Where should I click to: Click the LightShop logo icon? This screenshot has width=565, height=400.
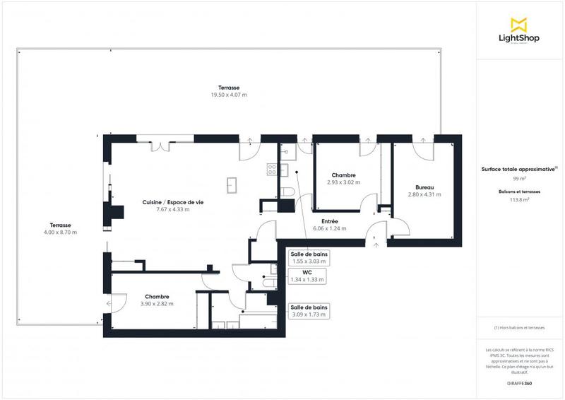click(x=520, y=24)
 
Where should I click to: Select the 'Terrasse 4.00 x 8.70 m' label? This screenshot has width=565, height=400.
click(x=60, y=228)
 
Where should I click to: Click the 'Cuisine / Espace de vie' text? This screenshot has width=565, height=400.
click(x=173, y=202)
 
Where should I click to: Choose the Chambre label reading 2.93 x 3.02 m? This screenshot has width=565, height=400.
click(x=343, y=178)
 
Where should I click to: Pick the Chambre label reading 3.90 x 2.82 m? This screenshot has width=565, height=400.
click(x=157, y=300)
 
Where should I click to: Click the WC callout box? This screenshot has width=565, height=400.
click(x=307, y=276)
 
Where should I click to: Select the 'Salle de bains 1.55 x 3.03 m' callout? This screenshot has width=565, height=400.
click(x=309, y=257)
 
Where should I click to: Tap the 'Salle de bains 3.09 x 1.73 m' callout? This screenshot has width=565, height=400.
click(x=309, y=310)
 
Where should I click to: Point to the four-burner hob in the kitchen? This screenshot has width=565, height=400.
click(x=271, y=169)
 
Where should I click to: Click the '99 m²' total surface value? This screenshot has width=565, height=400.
click(x=520, y=180)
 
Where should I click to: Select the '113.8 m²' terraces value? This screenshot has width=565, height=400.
click(x=520, y=200)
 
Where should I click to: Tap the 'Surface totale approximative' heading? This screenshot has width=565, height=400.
click(x=518, y=170)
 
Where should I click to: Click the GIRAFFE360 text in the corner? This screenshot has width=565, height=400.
click(x=520, y=382)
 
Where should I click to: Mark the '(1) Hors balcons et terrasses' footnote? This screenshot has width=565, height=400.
click(x=520, y=327)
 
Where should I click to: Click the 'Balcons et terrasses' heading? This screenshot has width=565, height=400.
click(x=520, y=192)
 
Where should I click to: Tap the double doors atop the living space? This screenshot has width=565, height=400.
click(x=163, y=145)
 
